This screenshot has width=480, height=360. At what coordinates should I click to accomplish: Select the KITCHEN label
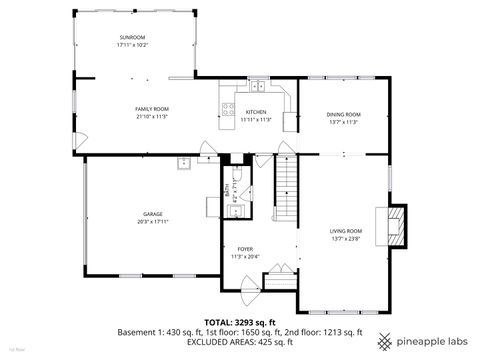(x=256, y=111)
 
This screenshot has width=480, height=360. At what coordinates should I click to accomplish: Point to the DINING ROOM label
(x=343, y=115)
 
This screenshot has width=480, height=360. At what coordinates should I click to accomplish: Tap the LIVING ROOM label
(x=346, y=231)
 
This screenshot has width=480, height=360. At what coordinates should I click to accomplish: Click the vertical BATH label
(x=228, y=189)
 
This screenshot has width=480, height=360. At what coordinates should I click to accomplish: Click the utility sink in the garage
(x=184, y=164)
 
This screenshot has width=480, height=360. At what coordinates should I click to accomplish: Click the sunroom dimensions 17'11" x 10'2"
(x=132, y=45)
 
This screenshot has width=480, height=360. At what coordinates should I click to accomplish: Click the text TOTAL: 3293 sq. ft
(x=240, y=322)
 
